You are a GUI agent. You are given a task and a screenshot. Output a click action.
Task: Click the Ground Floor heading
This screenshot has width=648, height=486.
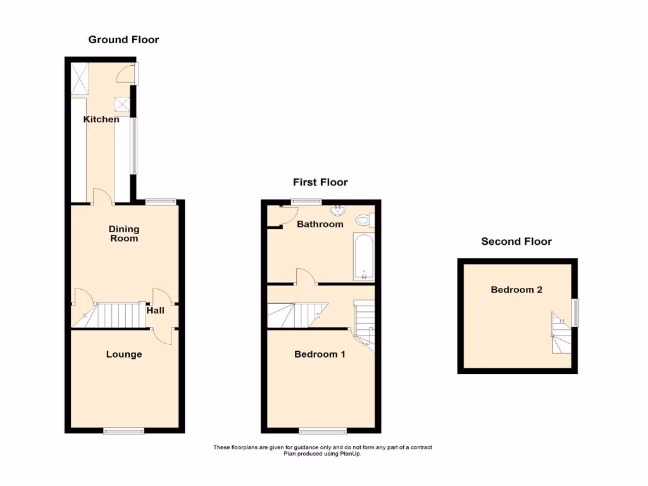[123, 40]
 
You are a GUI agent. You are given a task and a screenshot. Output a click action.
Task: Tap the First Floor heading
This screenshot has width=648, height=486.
[320, 182]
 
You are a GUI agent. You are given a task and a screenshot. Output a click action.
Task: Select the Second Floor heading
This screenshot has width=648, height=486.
[516, 241]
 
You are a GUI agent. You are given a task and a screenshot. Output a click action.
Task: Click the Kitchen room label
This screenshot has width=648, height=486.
[101, 119]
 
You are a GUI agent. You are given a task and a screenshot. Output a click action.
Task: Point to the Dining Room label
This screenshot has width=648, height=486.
[123, 234]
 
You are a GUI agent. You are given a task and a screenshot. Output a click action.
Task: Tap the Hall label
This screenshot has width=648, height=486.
[156, 310]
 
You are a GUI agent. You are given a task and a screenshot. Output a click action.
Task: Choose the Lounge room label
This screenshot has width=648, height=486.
[123, 354]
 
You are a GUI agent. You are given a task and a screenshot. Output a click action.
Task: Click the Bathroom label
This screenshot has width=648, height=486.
[320, 224]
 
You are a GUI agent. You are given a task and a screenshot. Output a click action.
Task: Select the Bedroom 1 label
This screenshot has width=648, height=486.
[320, 354]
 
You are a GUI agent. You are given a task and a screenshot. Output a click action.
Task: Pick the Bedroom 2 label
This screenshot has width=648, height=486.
[516, 290]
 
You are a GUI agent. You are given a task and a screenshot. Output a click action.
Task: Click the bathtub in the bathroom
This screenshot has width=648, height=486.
[364, 256]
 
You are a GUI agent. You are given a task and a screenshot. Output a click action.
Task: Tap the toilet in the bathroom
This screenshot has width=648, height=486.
[364, 220]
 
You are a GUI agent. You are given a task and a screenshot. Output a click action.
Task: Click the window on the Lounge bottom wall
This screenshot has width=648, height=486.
[124, 431]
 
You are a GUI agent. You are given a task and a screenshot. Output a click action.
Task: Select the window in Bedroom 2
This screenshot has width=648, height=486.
[575, 313]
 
